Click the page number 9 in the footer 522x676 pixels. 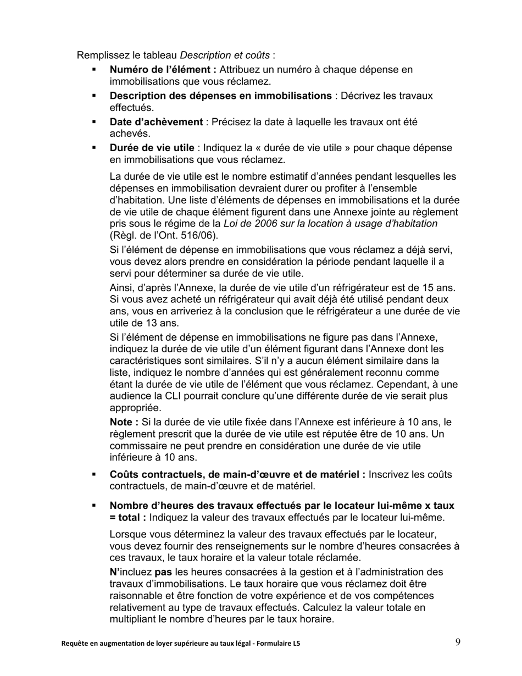click(458, 641)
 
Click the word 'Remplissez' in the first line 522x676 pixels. click(99, 55)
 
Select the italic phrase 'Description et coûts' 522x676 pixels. click(225, 55)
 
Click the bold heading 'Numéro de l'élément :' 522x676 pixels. click(163, 70)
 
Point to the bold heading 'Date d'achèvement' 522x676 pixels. click(156, 121)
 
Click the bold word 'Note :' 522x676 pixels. click(124, 422)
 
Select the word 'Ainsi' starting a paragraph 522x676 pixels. click(122, 288)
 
